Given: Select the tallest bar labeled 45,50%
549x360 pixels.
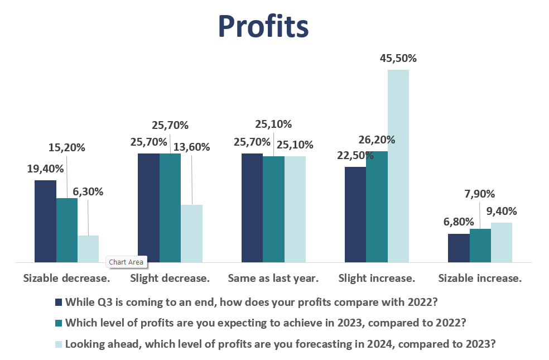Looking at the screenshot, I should pos(398,166).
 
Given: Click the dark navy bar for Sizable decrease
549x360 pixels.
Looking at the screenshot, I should pos(45,221).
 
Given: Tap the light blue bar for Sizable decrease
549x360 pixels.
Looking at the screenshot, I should pos(88,248).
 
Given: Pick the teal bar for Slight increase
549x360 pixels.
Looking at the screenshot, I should pos(377,207).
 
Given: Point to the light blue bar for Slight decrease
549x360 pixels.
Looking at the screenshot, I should pos(191,233).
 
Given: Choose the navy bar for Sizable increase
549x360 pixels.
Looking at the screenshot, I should pos(459,248).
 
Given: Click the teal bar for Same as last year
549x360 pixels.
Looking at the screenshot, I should pos(273,209).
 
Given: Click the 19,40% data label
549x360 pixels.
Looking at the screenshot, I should pos(45,168).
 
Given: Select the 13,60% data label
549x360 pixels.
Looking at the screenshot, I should pos(191,147).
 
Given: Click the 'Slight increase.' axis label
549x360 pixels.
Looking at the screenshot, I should pos(377,278).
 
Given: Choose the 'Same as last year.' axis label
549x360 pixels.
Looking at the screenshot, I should pos(273,278).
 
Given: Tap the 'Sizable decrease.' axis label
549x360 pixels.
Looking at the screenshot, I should pos(66,278).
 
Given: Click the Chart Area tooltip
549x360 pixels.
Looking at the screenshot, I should pos(126,262).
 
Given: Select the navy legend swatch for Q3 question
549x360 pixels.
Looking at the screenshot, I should pos(59,303).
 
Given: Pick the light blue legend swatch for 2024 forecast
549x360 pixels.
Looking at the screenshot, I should pos(59,344).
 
